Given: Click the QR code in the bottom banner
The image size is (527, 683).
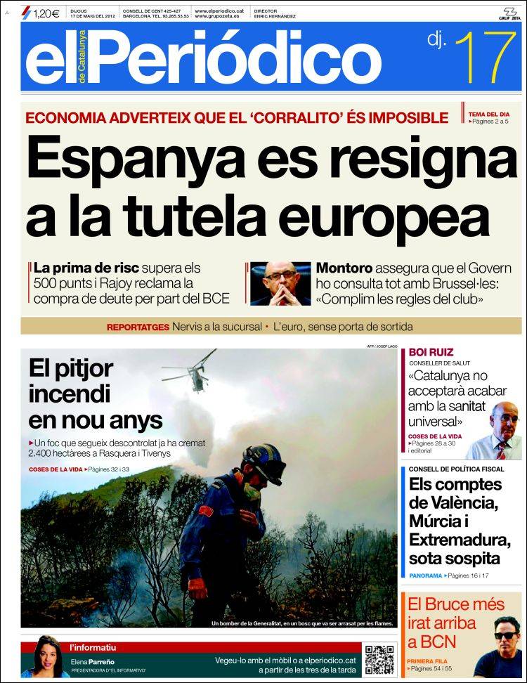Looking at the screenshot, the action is pos(379,658).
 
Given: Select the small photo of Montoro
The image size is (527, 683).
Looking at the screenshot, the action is pos(280,284).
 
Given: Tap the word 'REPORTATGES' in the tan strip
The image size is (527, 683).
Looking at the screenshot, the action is pos(138,327).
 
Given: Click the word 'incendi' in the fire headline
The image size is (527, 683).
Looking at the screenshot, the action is pos(70,394).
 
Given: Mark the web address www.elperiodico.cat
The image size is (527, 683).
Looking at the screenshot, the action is pos(219,11).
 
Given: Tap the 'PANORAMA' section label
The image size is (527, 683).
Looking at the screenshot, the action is pos(425,575).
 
